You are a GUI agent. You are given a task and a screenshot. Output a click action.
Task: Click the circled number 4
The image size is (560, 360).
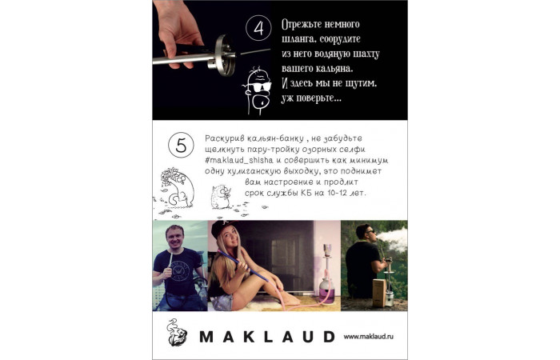coord(258,28)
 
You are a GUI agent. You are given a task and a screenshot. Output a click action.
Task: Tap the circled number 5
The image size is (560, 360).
coord(181,145)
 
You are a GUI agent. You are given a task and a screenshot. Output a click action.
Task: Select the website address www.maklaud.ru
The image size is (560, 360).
coord(368,337)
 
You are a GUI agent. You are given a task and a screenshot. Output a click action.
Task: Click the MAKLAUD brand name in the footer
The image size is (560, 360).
coord(267,337)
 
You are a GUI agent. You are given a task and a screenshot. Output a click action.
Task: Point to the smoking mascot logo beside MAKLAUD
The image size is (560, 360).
coord(177,333)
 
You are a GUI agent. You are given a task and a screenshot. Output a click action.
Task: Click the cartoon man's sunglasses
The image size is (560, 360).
coord(260,86)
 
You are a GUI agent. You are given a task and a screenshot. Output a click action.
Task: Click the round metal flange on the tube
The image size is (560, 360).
coord(223,55)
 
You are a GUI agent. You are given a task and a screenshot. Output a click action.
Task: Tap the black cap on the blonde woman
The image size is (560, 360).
coord(222,227)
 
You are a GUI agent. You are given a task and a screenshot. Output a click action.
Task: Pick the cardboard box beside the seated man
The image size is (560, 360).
coord(379,293)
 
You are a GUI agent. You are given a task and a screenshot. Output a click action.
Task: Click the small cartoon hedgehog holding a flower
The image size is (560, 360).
coord(220,197)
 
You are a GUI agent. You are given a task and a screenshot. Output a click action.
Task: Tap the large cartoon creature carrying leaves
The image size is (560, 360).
coord(178,186)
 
